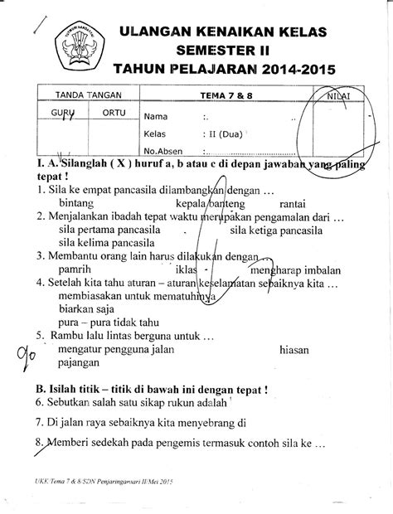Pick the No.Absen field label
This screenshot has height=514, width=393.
pos(165,151)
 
